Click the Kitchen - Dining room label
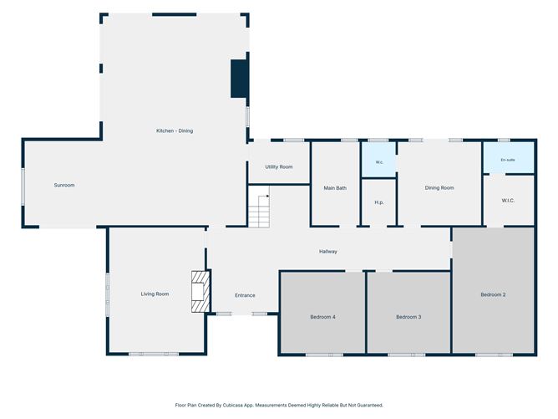(x=175, y=130)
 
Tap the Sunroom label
(x=64, y=185)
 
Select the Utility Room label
(x=279, y=166)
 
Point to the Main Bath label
(x=335, y=188)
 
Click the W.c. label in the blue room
(x=379, y=162)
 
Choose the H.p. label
(x=379, y=202)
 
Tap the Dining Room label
(x=439, y=188)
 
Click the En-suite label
(x=508, y=160)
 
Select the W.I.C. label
(x=508, y=201)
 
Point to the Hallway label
(x=327, y=251)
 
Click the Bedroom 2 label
(x=493, y=294)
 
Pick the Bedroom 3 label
(x=408, y=317)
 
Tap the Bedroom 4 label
(x=322, y=317)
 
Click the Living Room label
(x=155, y=294)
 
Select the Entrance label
(x=245, y=295)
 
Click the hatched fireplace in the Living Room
(x=200, y=291)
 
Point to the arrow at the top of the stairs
(x=264, y=196)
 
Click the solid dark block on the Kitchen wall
(x=239, y=79)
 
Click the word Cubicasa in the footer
(x=233, y=405)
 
